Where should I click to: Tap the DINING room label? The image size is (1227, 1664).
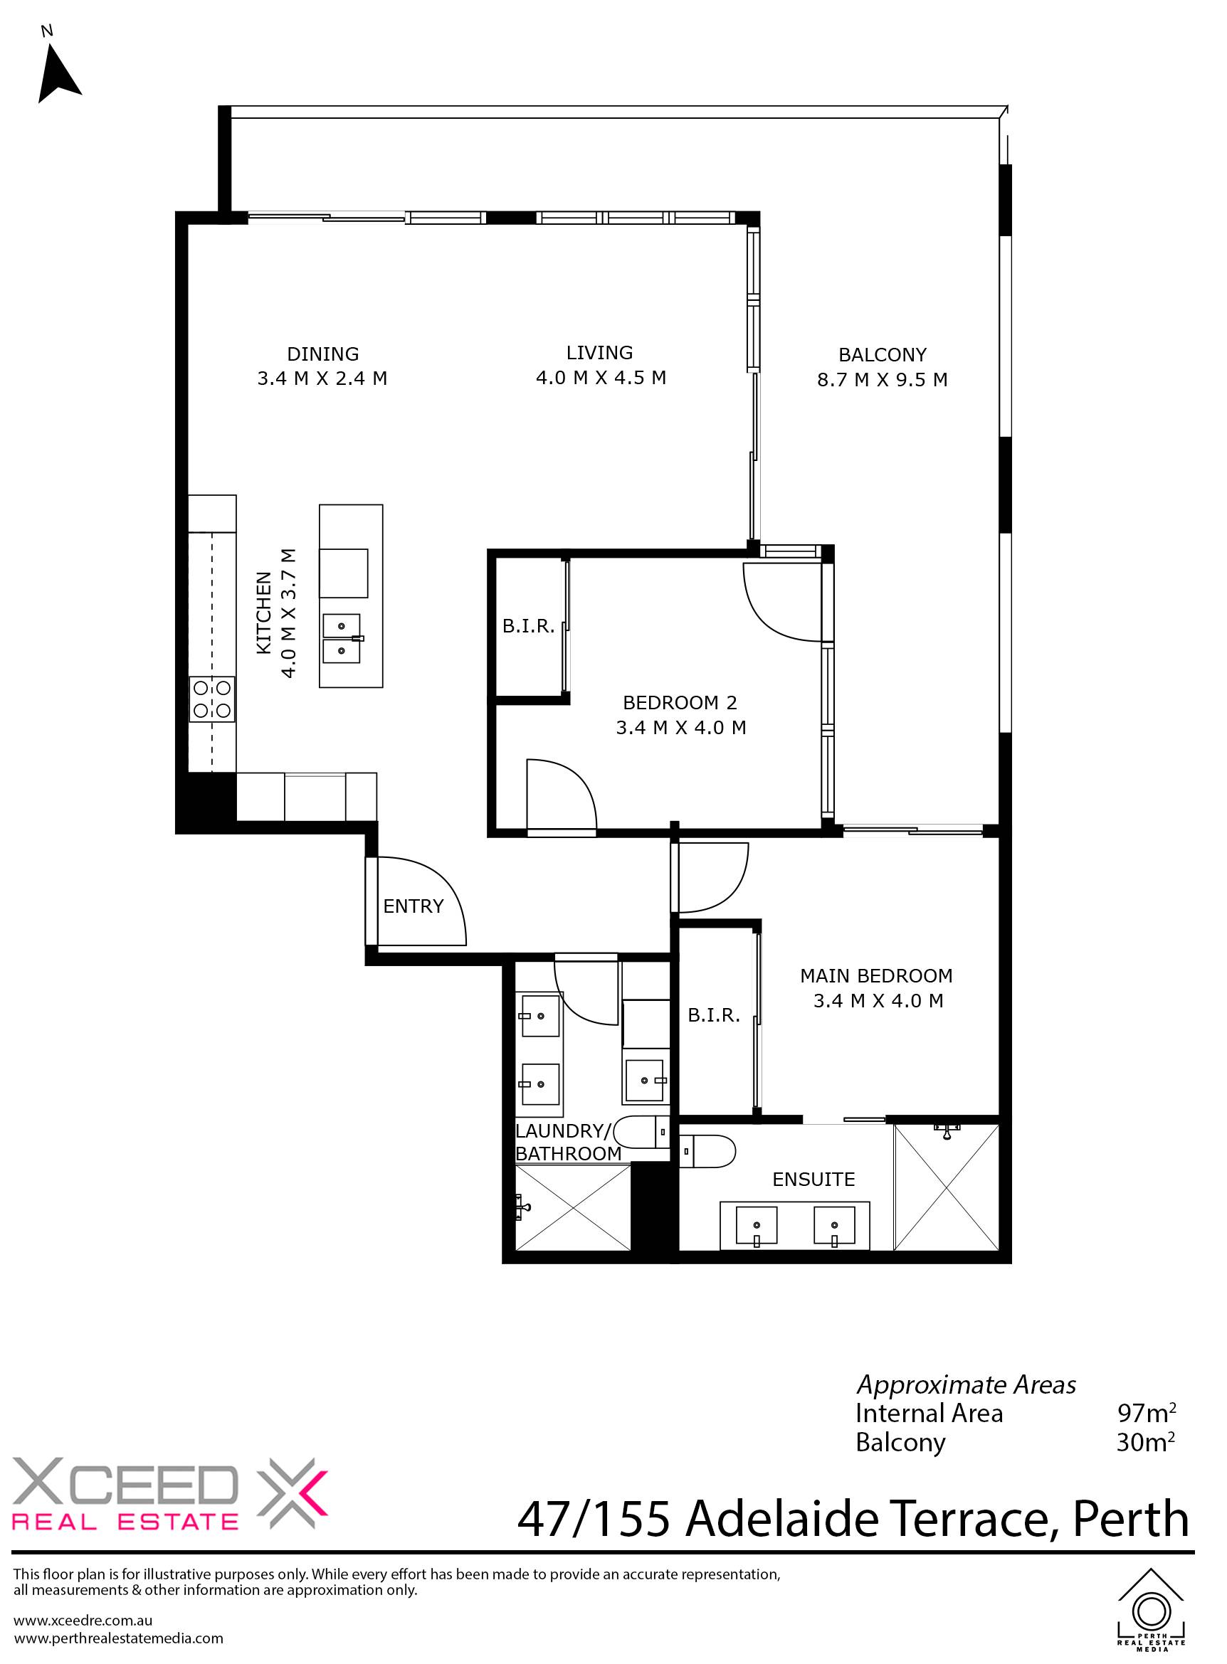pos(323,354)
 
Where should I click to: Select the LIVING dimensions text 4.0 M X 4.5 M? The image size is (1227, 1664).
pos(601,378)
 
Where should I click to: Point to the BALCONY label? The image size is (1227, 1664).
pos(883,355)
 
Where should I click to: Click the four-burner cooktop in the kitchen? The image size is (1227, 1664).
pos(212,699)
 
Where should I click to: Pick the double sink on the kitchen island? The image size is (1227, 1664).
pos(342,638)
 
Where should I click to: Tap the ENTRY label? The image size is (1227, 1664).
pos(413,906)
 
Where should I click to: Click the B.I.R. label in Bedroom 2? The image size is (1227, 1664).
pos(528,626)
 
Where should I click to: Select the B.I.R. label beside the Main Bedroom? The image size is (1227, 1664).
pos(714,1015)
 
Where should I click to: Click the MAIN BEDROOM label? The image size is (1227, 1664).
pos(876,975)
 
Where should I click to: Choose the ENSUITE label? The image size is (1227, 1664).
pos(813,1179)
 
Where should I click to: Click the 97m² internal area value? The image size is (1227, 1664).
pos(1147,1412)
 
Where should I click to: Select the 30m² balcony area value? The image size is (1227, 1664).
pos(1146,1442)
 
